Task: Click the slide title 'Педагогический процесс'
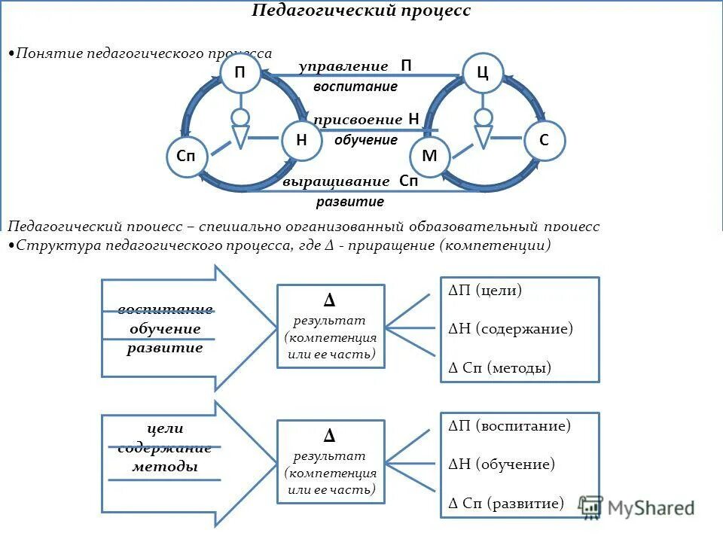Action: (x=361, y=11)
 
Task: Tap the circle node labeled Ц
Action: (x=483, y=73)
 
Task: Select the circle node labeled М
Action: (x=429, y=157)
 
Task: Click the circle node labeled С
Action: (x=544, y=140)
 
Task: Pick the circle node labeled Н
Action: (x=301, y=140)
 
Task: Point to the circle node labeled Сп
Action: (x=186, y=157)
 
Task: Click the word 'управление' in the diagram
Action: (x=343, y=67)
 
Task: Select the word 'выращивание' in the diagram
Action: (x=337, y=181)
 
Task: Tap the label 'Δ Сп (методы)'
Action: (x=500, y=368)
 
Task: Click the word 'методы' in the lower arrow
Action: (x=165, y=467)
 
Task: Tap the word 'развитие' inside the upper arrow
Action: (x=165, y=348)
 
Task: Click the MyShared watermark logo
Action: (x=637, y=508)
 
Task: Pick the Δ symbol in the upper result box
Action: (x=330, y=301)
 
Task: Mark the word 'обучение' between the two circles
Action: (x=366, y=140)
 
